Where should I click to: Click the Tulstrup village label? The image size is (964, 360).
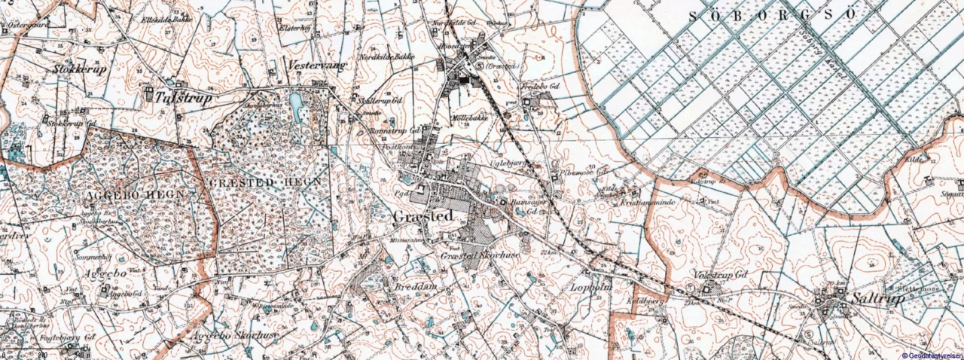coord(184,97)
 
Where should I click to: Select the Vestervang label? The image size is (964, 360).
coord(317,66)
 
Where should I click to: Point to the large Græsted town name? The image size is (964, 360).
coord(423,217)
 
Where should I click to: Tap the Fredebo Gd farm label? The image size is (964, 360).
coord(542,87)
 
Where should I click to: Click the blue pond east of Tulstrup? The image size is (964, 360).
coord(295,101)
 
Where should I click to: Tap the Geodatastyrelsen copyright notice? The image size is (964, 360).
coord(931,355)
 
